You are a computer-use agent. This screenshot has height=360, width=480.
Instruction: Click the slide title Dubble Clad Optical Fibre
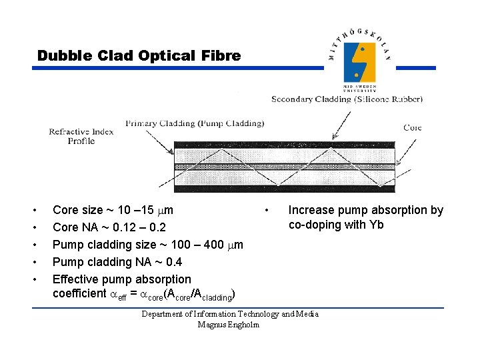139,56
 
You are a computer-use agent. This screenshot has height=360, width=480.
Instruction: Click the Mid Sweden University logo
360,61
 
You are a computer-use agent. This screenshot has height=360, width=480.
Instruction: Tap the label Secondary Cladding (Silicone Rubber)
347,99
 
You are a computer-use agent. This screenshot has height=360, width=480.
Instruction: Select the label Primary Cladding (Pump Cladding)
195,123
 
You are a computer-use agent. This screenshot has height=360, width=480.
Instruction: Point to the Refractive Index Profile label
81,136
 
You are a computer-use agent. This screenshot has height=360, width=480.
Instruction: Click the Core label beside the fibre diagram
413,127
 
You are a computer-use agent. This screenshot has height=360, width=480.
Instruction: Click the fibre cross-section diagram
284,166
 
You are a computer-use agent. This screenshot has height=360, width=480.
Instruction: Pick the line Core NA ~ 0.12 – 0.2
109,228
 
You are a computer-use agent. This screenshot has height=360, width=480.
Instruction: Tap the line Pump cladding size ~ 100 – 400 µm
147,245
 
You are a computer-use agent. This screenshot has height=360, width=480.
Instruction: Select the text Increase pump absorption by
365,211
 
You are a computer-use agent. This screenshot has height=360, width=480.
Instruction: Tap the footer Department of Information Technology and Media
230,314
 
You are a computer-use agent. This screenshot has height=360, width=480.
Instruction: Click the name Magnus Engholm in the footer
229,325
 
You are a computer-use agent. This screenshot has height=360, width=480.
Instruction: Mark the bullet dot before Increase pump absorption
267,211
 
